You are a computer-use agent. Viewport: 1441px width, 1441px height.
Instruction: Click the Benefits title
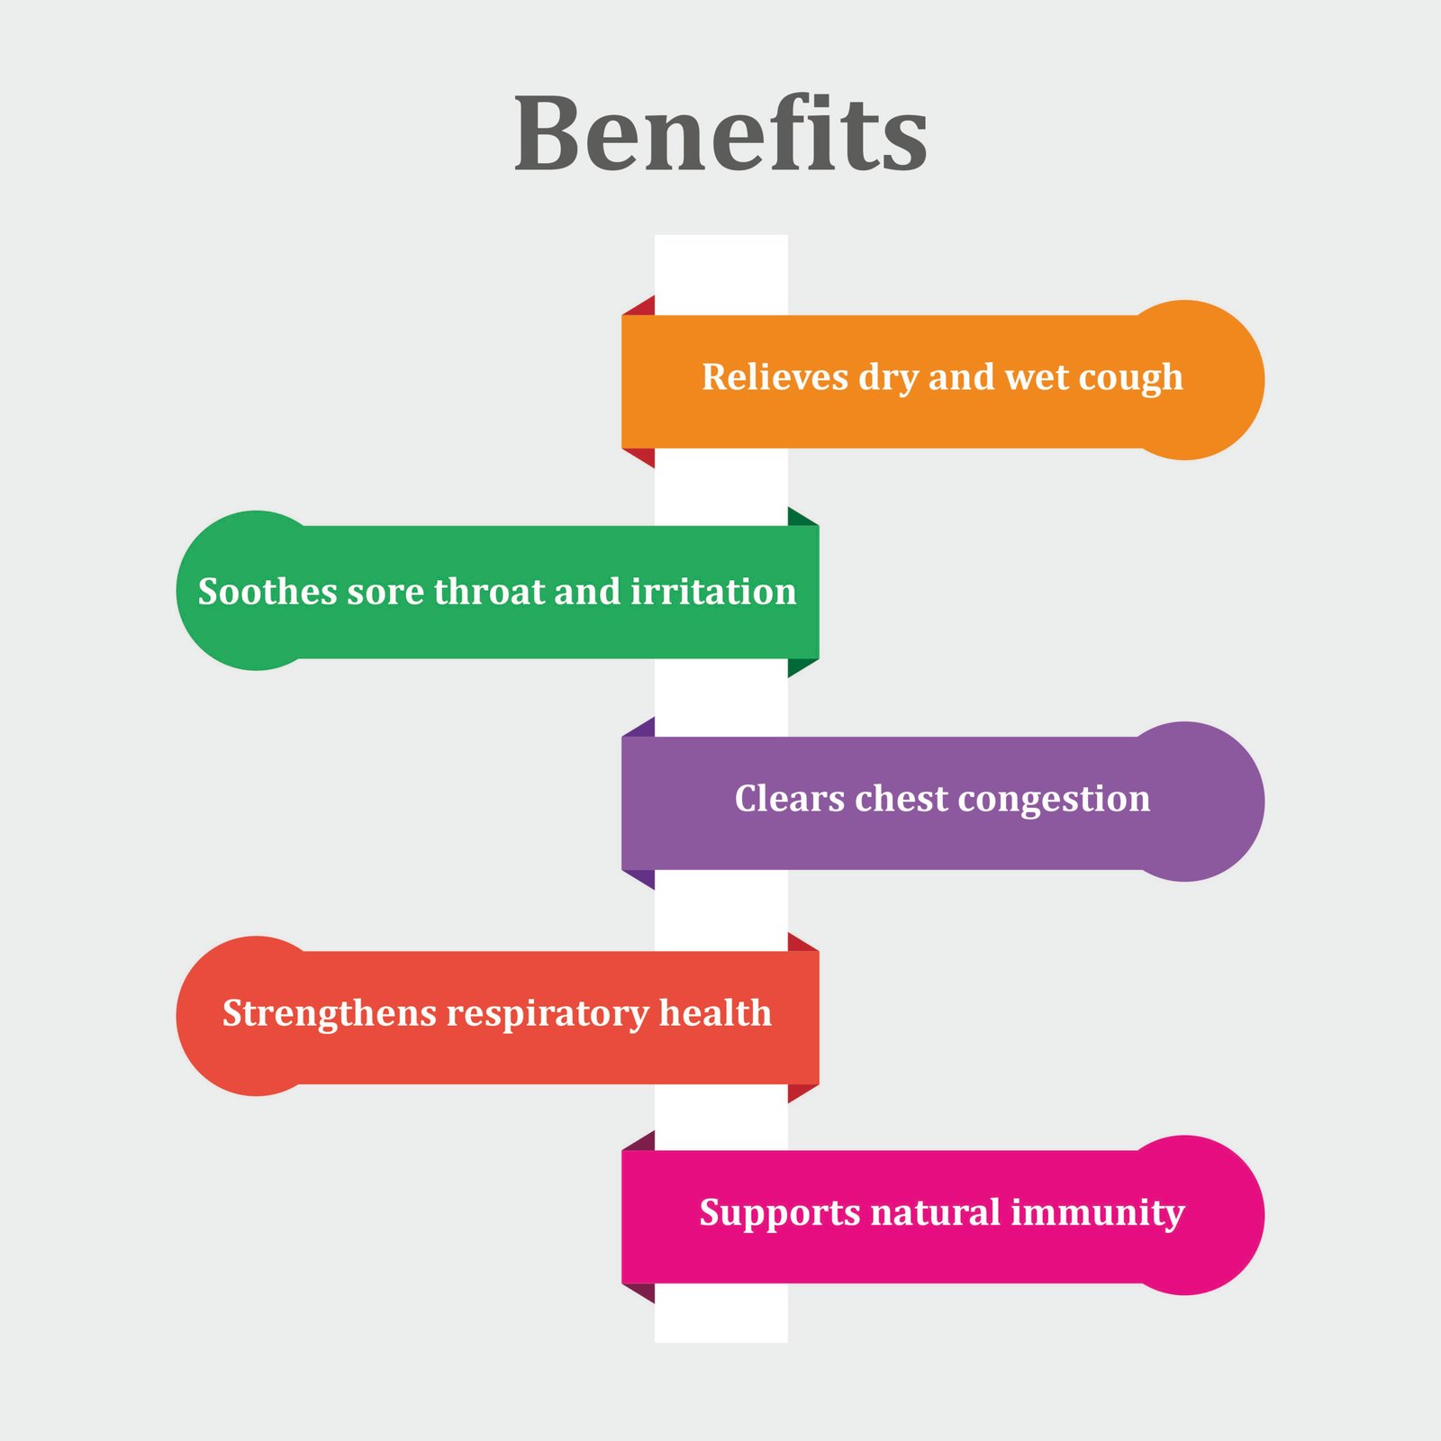click(x=720, y=135)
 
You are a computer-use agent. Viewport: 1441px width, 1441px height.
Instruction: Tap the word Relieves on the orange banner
click(x=774, y=377)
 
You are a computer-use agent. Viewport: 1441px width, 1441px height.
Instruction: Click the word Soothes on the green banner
click(x=267, y=592)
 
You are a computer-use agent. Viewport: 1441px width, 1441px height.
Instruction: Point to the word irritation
click(x=713, y=592)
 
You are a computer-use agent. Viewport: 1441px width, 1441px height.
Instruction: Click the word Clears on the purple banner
click(x=789, y=799)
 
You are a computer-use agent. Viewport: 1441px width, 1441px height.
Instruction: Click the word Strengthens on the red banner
click(x=329, y=1014)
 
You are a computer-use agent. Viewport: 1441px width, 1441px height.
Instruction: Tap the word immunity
click(x=1097, y=1214)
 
